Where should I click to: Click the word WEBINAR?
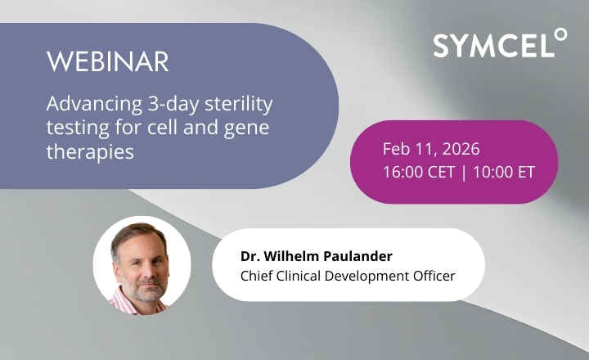tap(107, 62)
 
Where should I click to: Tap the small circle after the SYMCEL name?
tap(560, 34)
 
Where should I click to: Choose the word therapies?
tap(89, 152)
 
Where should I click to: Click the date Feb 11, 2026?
tap(431, 150)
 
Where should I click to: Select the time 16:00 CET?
tap(416, 173)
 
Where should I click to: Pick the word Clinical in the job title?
tap(303, 275)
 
